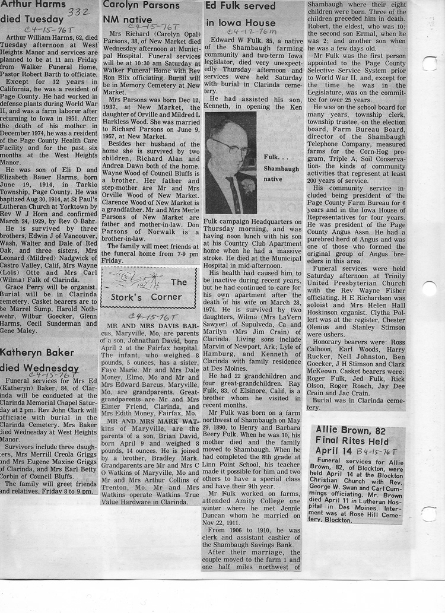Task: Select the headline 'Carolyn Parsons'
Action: tap(141, 5)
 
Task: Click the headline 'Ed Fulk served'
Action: tap(240, 7)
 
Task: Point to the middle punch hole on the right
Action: tap(429, 289)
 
